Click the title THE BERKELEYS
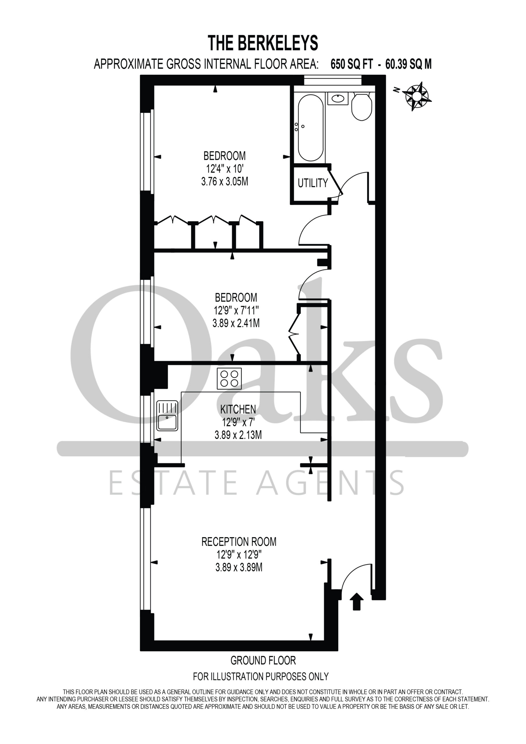263,43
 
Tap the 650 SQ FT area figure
352,64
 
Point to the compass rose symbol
417,96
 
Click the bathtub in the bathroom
310,128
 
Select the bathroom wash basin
338,99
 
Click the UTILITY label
313,183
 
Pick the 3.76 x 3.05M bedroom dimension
225,181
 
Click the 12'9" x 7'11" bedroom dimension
236,310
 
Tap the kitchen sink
167,416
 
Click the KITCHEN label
238,409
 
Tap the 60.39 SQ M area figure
408,64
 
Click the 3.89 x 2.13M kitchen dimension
238,435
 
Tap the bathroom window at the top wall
333,80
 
